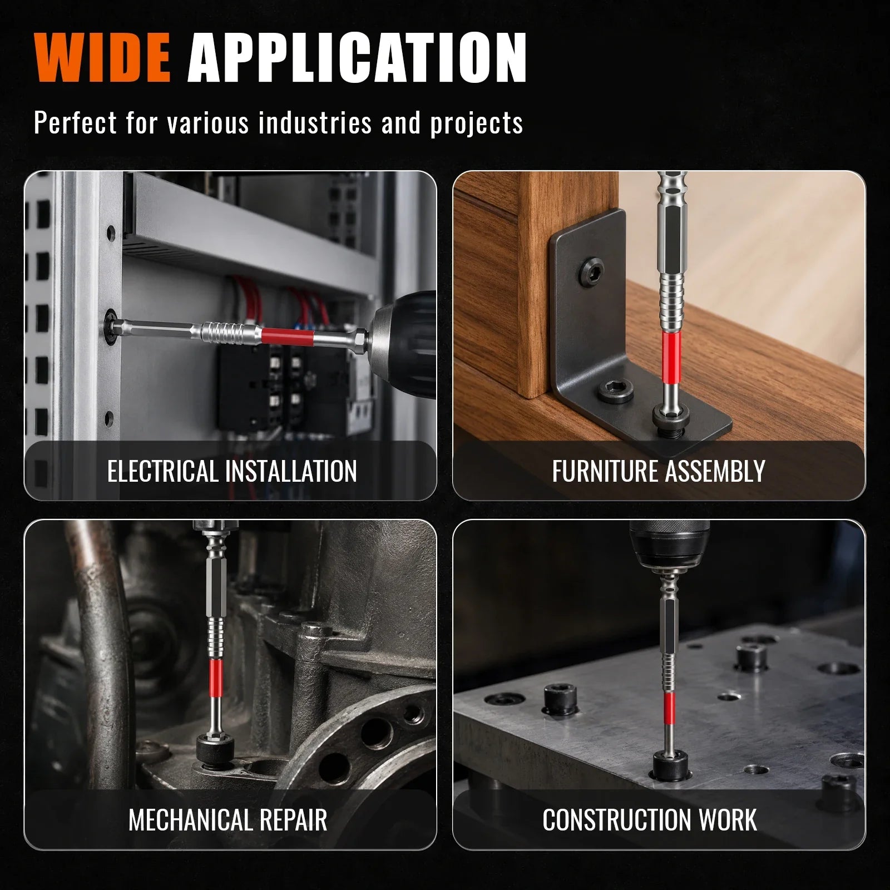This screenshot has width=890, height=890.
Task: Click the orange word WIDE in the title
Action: (x=102, y=58)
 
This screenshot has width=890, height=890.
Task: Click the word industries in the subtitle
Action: (x=315, y=122)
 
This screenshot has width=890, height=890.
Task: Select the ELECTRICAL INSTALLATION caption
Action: (x=232, y=472)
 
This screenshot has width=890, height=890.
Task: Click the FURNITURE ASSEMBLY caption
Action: (x=659, y=472)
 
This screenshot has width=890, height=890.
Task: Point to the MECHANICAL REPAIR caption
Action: (x=228, y=820)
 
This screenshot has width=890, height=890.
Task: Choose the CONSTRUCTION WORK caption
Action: (x=650, y=820)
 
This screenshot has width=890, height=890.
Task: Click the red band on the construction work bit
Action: (x=667, y=709)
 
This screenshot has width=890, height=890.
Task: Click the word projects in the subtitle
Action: (x=476, y=123)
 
